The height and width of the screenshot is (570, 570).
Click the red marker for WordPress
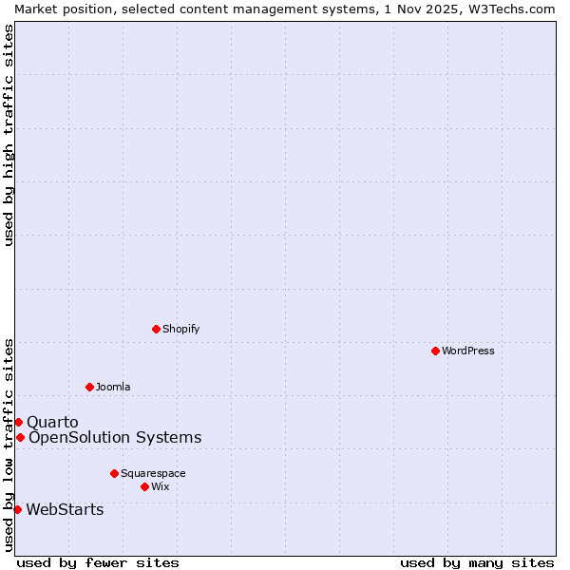[x=435, y=351]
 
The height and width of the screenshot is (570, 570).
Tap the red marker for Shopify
[x=156, y=329]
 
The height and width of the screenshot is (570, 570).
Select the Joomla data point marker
[x=89, y=387]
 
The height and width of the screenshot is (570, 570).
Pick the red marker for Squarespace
[x=114, y=473]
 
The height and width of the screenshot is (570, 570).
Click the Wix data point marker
[x=144, y=486]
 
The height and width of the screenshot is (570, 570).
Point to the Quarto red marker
[x=18, y=422]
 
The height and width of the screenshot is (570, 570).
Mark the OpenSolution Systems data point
[x=20, y=437]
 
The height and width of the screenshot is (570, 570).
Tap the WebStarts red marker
[x=17, y=509]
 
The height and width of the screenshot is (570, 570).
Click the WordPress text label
[x=468, y=351]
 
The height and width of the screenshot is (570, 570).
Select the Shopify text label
[x=181, y=329]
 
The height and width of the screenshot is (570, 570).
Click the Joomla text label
[x=113, y=387]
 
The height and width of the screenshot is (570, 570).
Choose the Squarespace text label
[x=153, y=473]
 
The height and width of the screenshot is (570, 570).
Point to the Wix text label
[x=161, y=486]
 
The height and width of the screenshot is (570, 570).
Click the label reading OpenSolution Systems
[x=115, y=437]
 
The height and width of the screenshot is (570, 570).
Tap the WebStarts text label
[x=65, y=509]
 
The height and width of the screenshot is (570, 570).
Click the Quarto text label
[x=52, y=422]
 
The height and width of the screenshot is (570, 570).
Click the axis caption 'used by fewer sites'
[x=98, y=562]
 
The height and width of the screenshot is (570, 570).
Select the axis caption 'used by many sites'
[x=477, y=562]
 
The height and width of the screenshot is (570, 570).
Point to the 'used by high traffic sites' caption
[x=9, y=135]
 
